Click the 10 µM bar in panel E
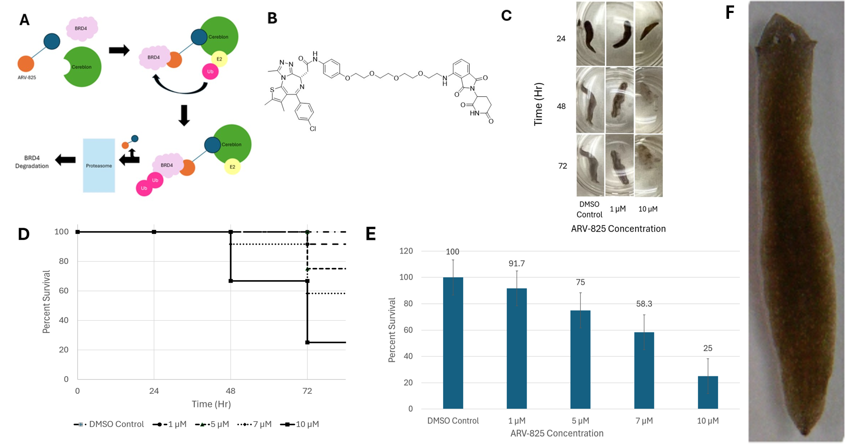708,392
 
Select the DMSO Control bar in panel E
453,343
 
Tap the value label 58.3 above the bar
644,304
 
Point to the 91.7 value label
517,263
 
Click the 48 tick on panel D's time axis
230,391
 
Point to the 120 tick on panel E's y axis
405,251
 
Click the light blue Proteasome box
99,165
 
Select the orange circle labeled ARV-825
26,64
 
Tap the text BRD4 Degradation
32,162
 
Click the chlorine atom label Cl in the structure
313,129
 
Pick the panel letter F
730,13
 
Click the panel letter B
272,18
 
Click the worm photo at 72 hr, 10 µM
648,165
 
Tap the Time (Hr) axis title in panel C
538,104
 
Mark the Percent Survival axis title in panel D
46,301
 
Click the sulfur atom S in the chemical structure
272,90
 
